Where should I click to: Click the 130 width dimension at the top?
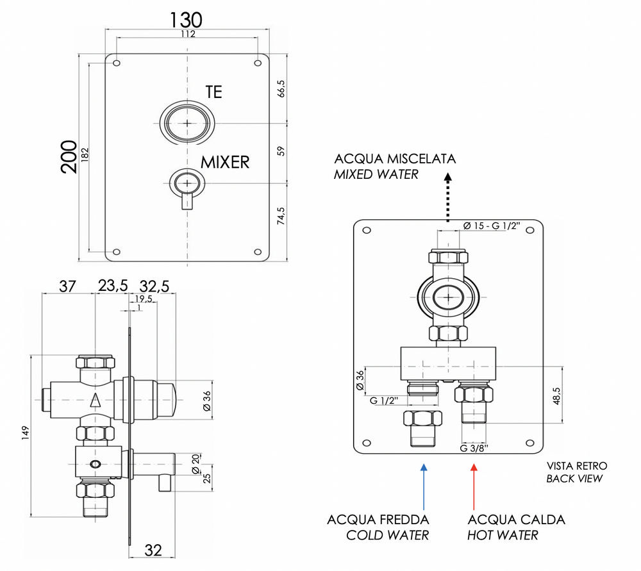[186, 19]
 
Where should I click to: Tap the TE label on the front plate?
[213, 92]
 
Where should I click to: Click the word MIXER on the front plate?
[225, 162]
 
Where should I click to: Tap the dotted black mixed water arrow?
[447, 202]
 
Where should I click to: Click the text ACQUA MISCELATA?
[395, 159]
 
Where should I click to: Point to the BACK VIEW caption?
[574, 479]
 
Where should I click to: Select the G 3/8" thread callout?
[474, 448]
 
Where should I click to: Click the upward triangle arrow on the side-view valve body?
[96, 402]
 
